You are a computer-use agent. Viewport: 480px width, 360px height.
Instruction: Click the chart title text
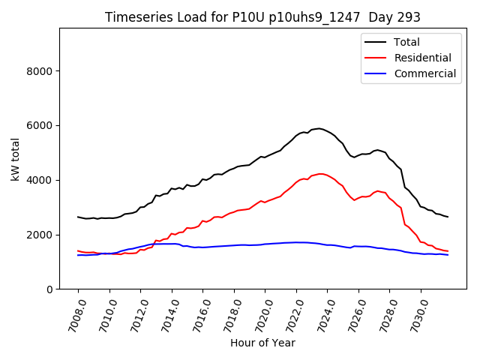262,17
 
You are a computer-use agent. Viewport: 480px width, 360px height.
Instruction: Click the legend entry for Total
406,42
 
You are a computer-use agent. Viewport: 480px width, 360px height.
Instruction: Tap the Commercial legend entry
424,73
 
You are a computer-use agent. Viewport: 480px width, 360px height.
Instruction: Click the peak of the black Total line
319,128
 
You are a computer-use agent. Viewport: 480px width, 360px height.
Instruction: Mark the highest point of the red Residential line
320,174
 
